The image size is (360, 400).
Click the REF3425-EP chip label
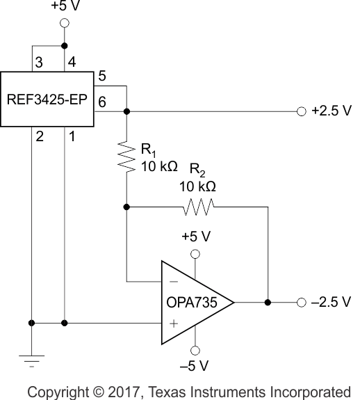[x=47, y=99]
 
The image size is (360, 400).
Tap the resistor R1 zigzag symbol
[x=126, y=157]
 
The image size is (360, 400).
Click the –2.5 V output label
[x=332, y=303]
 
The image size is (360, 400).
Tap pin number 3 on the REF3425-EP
[x=39, y=63]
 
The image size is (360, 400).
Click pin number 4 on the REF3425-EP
[x=72, y=63]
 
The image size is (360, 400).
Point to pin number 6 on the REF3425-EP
[x=102, y=102]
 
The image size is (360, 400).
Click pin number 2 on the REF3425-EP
[x=39, y=137]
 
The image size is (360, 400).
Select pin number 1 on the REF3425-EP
[x=72, y=137]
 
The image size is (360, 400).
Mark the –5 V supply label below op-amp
[x=195, y=365]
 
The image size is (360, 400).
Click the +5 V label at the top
[x=65, y=8]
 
